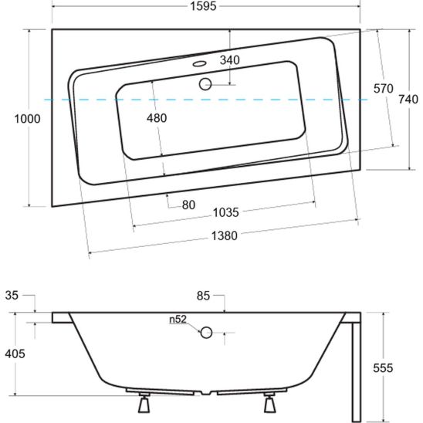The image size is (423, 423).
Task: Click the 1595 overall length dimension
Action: click(205, 7)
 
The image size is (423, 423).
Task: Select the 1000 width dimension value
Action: click(15, 119)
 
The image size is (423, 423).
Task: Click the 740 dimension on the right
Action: click(409, 99)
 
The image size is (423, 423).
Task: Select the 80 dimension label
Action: click(188, 205)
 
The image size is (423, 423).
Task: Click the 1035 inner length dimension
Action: click(225, 212)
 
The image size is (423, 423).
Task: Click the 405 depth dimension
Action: click(15, 354)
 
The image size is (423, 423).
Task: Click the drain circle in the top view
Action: click(206, 85)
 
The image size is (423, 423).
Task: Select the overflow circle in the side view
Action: click(206, 333)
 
